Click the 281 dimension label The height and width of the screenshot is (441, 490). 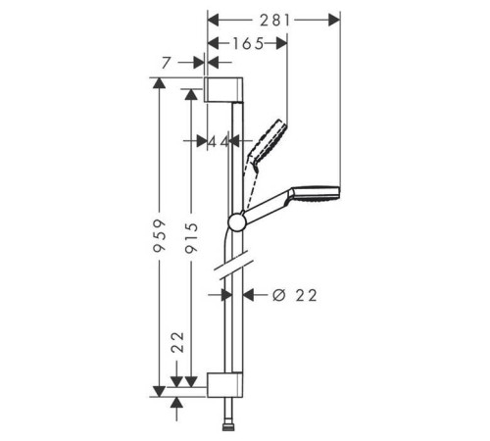274,21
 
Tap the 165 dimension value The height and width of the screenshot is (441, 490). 248,43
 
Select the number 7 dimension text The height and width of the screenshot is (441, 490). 167,63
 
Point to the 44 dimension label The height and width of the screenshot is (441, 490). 219,141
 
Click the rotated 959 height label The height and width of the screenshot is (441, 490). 160,235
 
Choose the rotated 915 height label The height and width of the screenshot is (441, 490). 191,238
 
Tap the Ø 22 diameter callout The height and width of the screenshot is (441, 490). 295,295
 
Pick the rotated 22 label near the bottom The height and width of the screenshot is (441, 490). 178,342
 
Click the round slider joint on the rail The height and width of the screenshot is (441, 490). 237,222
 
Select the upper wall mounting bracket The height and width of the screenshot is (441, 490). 223,89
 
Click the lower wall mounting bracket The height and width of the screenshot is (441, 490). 224,384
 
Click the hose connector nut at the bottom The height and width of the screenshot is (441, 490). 228,427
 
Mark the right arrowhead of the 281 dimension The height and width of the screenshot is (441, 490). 334,20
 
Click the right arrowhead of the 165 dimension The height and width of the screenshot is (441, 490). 281,43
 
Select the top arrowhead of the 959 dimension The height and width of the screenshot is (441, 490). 159,83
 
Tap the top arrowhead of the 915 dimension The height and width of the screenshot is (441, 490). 191,94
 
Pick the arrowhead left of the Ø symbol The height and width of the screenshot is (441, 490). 249,295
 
